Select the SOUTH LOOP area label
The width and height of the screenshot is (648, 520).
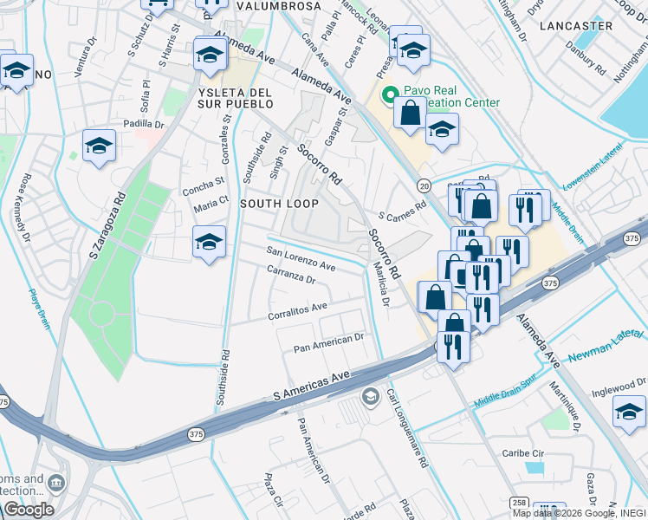[x=279, y=204]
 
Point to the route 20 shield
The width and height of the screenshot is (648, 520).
[x=424, y=185]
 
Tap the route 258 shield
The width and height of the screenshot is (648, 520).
[x=519, y=503]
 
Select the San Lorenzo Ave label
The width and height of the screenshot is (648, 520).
[x=301, y=259]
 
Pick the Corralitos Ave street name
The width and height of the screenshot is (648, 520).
[x=297, y=308]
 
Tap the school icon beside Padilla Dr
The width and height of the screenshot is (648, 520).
[x=99, y=146]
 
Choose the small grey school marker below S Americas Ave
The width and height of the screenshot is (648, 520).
[x=370, y=397]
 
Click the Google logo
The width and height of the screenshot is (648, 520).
[x=29, y=510]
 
